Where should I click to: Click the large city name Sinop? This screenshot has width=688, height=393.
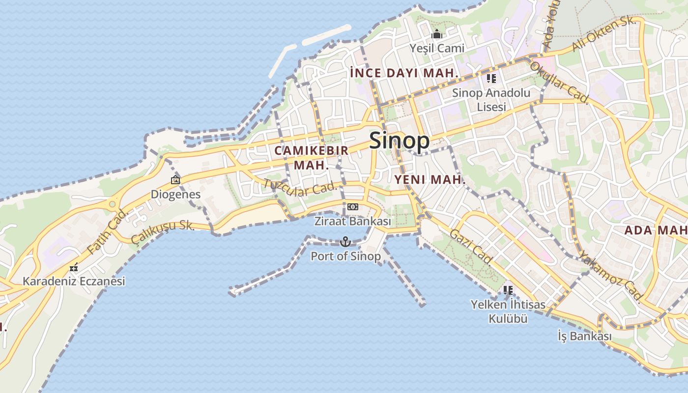[x=399, y=141]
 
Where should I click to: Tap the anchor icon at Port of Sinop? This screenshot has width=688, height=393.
[x=345, y=241]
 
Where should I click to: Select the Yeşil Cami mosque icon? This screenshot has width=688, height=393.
[x=437, y=34]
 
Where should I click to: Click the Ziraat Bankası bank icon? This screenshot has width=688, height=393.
[x=352, y=207]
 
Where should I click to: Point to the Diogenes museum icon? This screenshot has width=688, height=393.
[x=175, y=180]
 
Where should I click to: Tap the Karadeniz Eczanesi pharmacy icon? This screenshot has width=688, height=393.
[x=74, y=268]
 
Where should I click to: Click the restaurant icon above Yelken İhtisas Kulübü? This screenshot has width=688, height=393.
[x=508, y=290]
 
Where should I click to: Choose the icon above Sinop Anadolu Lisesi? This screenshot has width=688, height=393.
[x=491, y=78]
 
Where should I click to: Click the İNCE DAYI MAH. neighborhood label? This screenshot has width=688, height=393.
[x=404, y=73]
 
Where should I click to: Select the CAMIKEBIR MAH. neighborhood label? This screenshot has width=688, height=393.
[x=312, y=157]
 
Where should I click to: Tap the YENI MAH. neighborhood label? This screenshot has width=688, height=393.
[x=430, y=180]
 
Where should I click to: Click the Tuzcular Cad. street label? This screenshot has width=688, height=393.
[x=301, y=187]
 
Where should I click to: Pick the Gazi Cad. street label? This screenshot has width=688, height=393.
[x=471, y=246]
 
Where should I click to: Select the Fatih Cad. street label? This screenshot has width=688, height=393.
[x=107, y=231]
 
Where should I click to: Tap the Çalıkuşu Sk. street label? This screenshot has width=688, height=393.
[x=163, y=231]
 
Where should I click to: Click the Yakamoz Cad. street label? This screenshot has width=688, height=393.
[x=610, y=276]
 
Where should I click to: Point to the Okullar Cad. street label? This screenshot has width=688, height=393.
[x=560, y=81]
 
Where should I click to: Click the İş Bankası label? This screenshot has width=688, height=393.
[x=585, y=337]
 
